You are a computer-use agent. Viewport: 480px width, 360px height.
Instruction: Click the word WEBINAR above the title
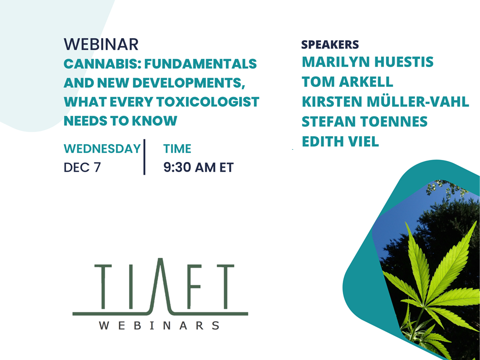tap(101, 44)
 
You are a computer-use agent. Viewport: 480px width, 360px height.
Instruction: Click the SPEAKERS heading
tap(330, 45)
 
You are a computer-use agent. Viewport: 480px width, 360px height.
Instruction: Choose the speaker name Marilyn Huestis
tap(368, 62)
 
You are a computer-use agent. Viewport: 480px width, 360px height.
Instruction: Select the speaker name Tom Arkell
tap(347, 82)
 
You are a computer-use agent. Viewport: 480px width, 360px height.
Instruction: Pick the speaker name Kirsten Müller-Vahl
tap(386, 102)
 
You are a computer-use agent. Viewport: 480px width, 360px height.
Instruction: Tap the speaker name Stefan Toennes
tap(365, 121)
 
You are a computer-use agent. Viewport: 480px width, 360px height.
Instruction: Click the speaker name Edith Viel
tap(340, 142)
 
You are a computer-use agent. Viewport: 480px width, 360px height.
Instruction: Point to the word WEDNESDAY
tap(102, 149)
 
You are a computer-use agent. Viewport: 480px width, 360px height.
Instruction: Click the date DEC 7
tap(82, 168)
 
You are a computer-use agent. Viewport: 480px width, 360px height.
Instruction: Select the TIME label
tap(177, 149)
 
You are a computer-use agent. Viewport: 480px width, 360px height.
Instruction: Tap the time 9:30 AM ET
tap(199, 168)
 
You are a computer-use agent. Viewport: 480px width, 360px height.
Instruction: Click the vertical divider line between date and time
tap(144, 157)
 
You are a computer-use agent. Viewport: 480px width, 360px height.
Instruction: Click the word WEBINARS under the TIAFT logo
tap(159, 325)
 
